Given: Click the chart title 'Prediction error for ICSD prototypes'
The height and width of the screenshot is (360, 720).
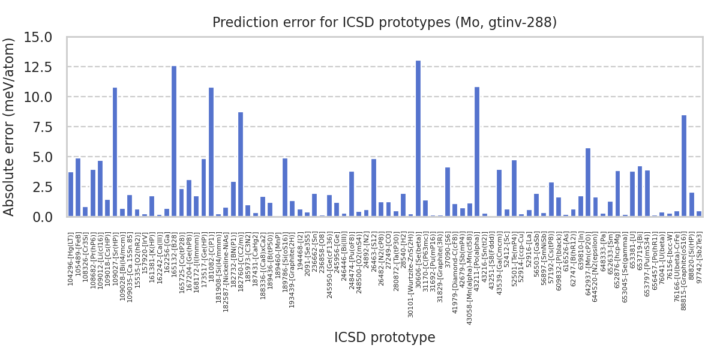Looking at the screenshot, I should pos(385,23).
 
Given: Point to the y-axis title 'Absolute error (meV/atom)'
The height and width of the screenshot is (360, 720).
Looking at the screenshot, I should pos(10,127).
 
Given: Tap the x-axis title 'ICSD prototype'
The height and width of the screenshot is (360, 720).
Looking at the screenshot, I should pos(385,337).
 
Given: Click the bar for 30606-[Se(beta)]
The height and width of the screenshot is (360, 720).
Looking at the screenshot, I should pos(418,139).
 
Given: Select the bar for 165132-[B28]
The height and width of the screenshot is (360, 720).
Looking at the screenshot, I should pos(174,141).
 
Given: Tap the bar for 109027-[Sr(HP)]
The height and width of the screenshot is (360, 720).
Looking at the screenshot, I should pos(115,152).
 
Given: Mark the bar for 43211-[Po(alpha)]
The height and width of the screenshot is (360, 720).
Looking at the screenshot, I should pos(477,152).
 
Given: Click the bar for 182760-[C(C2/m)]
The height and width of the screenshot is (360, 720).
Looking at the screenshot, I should pos(241,164).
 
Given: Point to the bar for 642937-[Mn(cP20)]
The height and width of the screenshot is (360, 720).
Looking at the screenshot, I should pos(588,182).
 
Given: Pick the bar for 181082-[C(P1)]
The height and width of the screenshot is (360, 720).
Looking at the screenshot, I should pos(211,152).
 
